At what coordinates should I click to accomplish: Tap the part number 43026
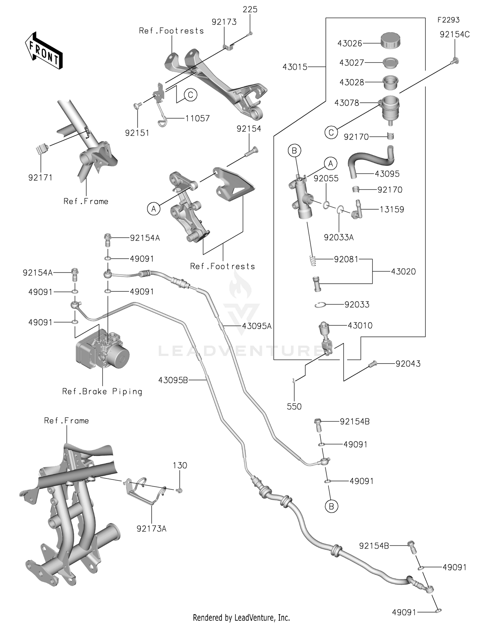tap(350, 43)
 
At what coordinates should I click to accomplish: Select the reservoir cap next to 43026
tap(390, 41)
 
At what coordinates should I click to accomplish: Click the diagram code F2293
tap(448, 20)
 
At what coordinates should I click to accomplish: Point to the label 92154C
tap(454, 35)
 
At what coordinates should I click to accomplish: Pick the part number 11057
tap(197, 118)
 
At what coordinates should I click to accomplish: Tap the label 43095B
tap(173, 380)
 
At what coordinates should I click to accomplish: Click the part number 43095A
tap(257, 326)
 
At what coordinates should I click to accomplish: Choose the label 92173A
tap(151, 529)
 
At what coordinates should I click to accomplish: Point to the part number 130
tap(180, 466)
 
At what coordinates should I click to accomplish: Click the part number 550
tap(294, 407)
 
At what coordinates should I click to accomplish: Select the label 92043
tap(408, 364)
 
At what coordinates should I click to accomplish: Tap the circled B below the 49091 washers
tap(331, 506)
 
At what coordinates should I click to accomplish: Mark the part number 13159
tap(392, 210)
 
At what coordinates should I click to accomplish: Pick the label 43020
tap(403, 272)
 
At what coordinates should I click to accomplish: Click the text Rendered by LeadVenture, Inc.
tap(241, 618)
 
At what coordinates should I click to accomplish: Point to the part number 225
tap(250, 10)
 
